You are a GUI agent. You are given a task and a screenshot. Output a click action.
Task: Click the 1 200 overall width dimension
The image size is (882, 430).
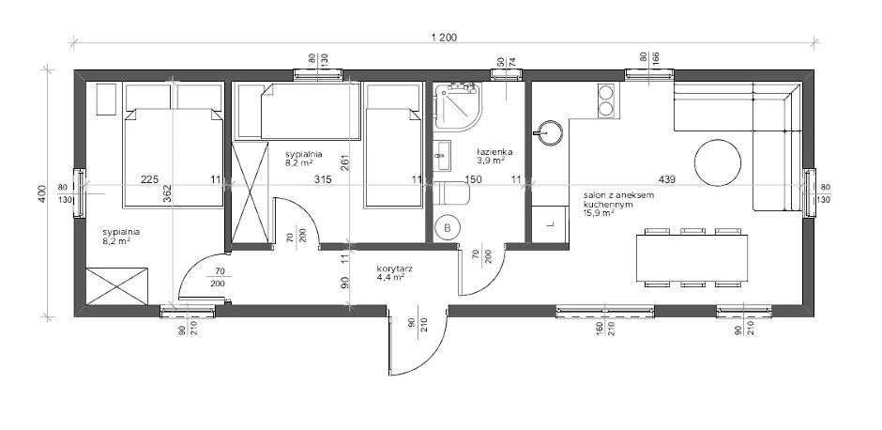(444, 38)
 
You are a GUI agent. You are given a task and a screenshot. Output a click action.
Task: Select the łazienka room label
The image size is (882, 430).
(494, 152)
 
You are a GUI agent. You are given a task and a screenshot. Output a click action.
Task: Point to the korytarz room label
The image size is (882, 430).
(394, 269)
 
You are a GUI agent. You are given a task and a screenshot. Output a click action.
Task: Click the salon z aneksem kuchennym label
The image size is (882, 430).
(618, 200)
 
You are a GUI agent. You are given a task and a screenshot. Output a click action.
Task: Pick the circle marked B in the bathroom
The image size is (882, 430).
(448, 228)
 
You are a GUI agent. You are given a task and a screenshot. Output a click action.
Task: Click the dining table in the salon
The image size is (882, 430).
(692, 258)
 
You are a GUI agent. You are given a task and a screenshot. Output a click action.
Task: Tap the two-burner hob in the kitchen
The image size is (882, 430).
(606, 100)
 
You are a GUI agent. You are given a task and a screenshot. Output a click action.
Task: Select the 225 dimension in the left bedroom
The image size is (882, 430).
(149, 179)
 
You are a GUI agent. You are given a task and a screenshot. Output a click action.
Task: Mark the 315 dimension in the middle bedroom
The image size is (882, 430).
(323, 179)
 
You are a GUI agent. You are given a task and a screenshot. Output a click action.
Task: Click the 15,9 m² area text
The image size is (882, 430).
(599, 213)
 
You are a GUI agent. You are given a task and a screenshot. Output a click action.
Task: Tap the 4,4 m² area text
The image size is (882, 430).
(392, 277)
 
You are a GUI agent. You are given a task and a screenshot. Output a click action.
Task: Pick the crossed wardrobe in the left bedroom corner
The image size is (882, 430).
(117, 286)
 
